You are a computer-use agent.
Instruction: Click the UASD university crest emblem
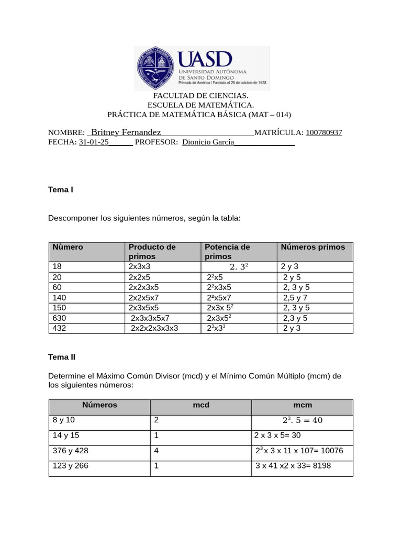(155, 68)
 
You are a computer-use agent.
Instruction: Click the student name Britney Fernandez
(126, 132)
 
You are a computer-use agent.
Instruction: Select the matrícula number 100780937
(323, 133)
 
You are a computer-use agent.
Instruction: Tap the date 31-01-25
(94, 142)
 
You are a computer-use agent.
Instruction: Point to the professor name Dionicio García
(208, 142)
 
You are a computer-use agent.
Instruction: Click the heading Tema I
(60, 189)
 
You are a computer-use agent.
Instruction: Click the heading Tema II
(62, 357)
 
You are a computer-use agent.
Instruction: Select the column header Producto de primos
(152, 252)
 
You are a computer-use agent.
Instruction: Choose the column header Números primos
(312, 247)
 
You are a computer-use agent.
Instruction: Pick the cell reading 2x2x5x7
(143, 297)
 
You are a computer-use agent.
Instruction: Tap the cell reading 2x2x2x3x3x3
(154, 328)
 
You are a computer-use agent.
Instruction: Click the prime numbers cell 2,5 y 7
(295, 297)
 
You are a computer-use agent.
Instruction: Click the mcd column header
(201, 405)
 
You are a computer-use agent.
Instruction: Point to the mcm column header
(302, 405)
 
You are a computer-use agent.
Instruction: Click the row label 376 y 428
(70, 450)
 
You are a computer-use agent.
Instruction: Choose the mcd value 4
(157, 450)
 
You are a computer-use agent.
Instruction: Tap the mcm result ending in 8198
(293, 466)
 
